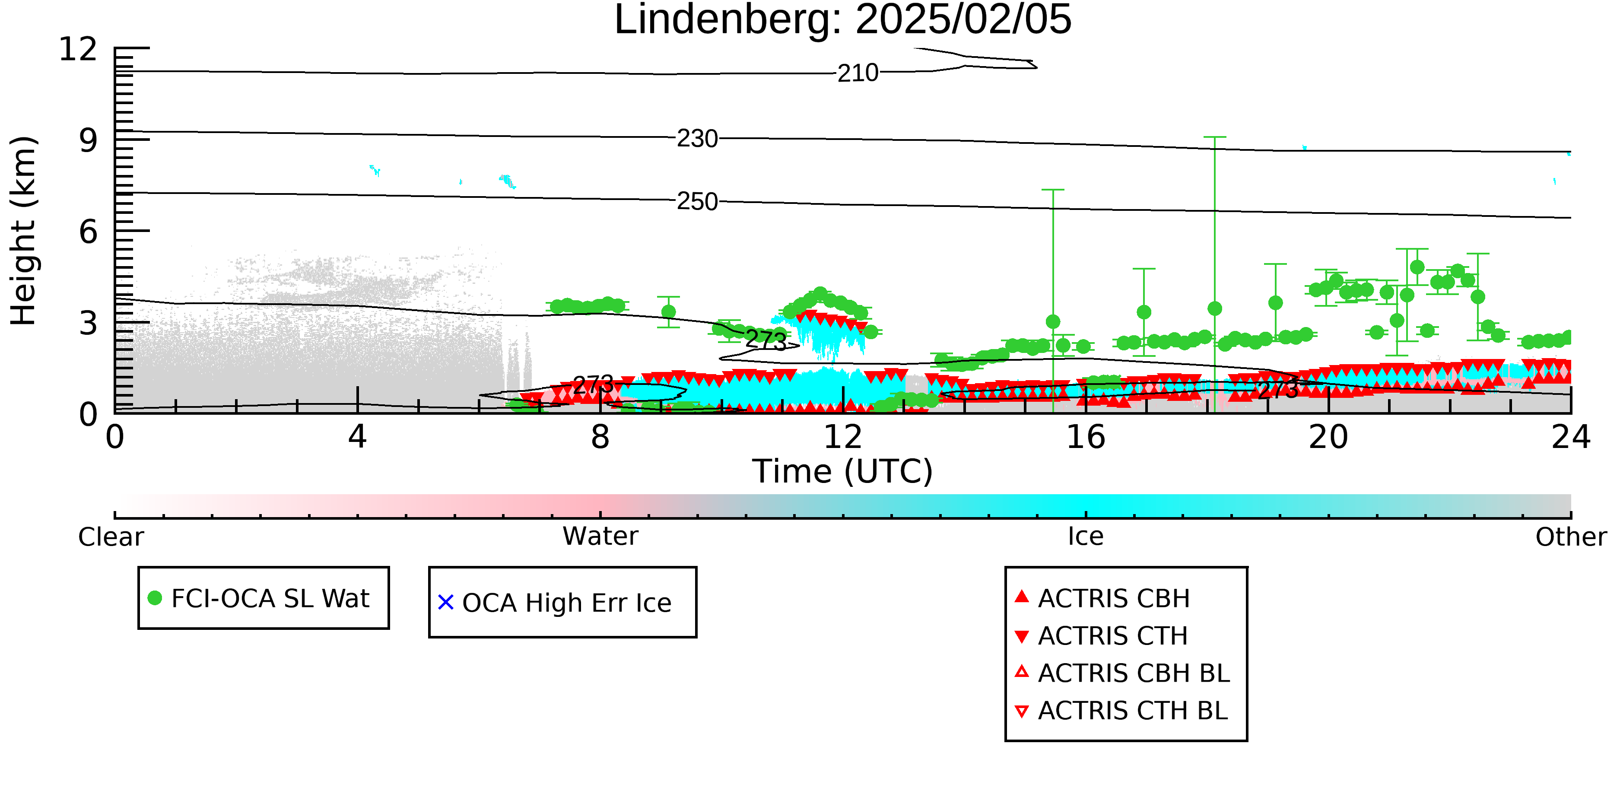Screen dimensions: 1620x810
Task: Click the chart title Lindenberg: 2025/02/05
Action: click(x=843, y=20)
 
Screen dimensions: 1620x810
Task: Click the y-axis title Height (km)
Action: click(x=23, y=231)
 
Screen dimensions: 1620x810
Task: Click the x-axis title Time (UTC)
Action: click(x=843, y=471)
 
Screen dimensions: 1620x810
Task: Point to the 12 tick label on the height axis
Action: click(x=78, y=49)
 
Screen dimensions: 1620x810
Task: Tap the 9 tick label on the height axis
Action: click(x=89, y=140)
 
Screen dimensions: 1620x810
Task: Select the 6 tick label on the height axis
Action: click(x=89, y=232)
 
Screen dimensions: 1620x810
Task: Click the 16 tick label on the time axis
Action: click(x=1086, y=437)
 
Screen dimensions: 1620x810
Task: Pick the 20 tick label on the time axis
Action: click(x=1328, y=437)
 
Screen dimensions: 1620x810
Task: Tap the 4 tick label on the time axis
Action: click(x=358, y=437)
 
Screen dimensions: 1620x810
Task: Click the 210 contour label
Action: click(x=858, y=73)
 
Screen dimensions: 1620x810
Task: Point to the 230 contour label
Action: click(x=697, y=138)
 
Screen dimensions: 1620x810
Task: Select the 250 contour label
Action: click(x=697, y=201)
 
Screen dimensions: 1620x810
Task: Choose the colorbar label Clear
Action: click(x=111, y=537)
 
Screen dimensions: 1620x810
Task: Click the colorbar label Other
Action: click(x=1571, y=537)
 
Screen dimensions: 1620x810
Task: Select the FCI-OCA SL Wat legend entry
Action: click(x=259, y=598)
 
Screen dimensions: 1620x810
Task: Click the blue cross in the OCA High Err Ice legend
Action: click(x=446, y=603)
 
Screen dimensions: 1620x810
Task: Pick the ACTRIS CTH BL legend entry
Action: click(x=1122, y=711)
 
